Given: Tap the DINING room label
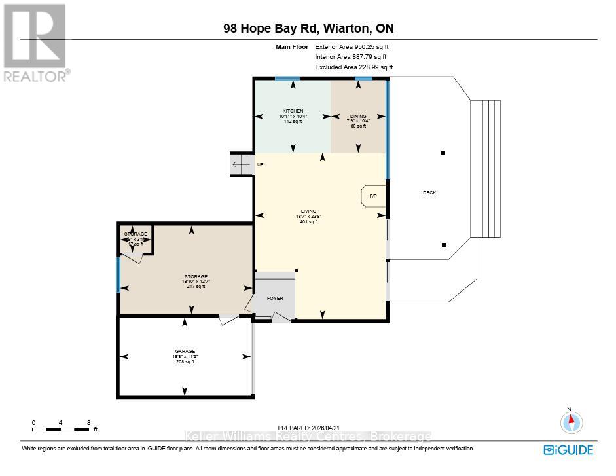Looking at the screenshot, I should tap(358, 116).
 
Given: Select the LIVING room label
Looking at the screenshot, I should tap(308, 211).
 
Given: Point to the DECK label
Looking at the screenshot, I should tap(429, 192).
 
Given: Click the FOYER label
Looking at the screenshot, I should tap(275, 298).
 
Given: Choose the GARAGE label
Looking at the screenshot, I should tap(185, 351).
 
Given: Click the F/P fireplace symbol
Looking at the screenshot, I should tap(373, 196).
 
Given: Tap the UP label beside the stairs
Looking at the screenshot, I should tap(260, 164).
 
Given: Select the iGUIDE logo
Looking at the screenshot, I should tap(568, 450).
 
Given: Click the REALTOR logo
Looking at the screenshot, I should tap(35, 43).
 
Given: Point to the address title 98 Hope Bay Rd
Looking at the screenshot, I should tap(308, 28).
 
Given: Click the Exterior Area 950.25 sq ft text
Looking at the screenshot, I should tap(355, 47).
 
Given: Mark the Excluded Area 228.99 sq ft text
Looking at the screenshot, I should tap(354, 67).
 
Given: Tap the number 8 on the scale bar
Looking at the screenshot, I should tap(88, 423).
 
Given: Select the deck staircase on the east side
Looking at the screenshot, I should tap(486, 169).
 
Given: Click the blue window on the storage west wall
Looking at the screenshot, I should tap(118, 274).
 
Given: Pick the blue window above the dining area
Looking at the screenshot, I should tap(359, 79).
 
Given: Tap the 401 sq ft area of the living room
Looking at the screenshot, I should tap(308, 222).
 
